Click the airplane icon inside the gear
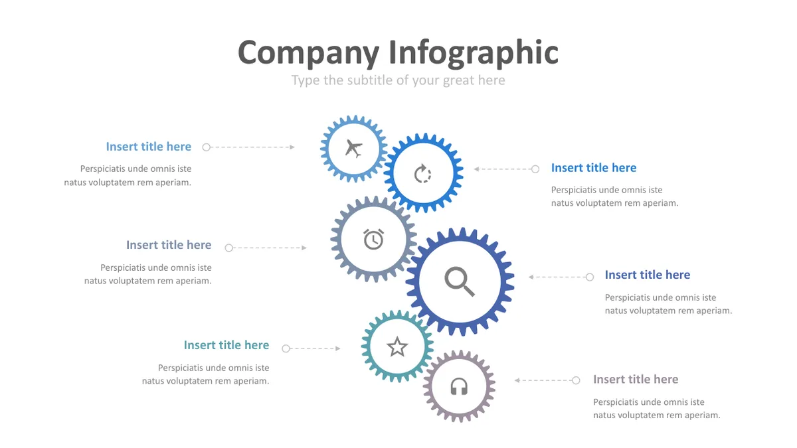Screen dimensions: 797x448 [353, 148]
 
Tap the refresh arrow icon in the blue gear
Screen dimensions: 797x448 [422, 173]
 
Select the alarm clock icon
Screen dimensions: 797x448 [373, 239]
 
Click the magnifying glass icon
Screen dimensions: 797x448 [460, 281]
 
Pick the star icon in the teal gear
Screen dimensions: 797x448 [397, 346]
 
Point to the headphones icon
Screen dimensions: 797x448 [459, 386]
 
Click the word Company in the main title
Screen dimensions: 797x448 [308, 53]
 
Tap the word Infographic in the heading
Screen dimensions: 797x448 [473, 53]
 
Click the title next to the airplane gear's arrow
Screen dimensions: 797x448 [148, 147]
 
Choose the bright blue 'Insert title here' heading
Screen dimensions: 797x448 [594, 167]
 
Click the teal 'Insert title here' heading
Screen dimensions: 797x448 [226, 345]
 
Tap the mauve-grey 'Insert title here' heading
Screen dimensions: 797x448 [636, 379]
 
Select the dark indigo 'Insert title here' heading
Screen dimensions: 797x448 [648, 275]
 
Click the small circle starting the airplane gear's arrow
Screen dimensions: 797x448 [207, 147]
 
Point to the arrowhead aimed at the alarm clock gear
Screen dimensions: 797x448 [304, 248]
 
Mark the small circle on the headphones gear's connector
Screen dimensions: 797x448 [576, 380]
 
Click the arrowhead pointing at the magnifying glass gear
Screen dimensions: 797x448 [531, 277]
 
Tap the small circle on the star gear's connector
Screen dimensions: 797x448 [286, 348]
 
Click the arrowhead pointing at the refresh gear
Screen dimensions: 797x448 [476, 169]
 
